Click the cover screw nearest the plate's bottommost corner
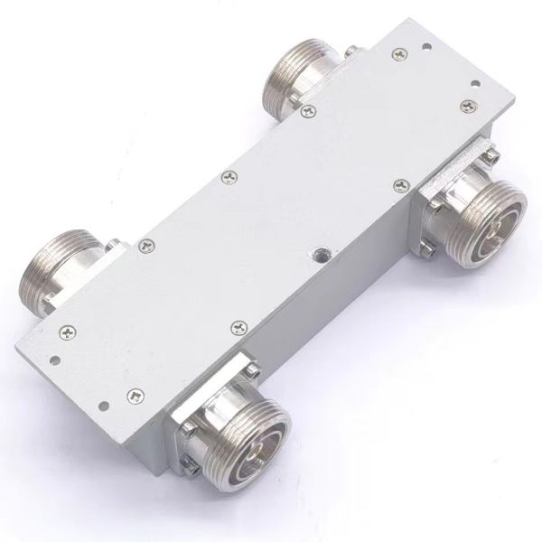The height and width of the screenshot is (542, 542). click(135, 394)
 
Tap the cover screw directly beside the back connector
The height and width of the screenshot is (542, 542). click(308, 111)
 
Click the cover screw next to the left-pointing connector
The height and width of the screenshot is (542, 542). click(145, 242)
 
